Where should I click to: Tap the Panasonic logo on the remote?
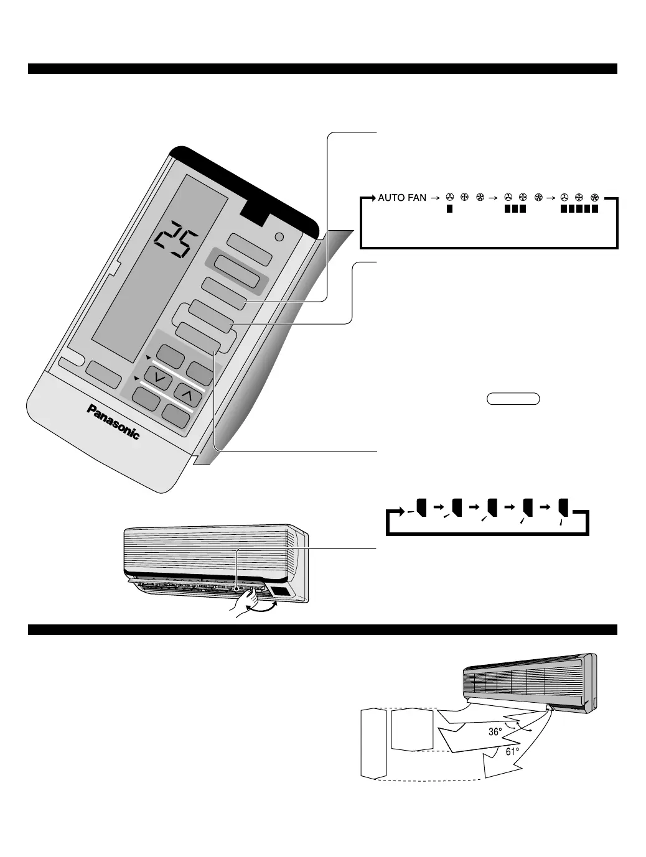114,421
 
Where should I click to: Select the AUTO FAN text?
402,198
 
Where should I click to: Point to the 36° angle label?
495,732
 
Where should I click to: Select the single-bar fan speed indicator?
448,210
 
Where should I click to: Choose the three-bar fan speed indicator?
515,210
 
